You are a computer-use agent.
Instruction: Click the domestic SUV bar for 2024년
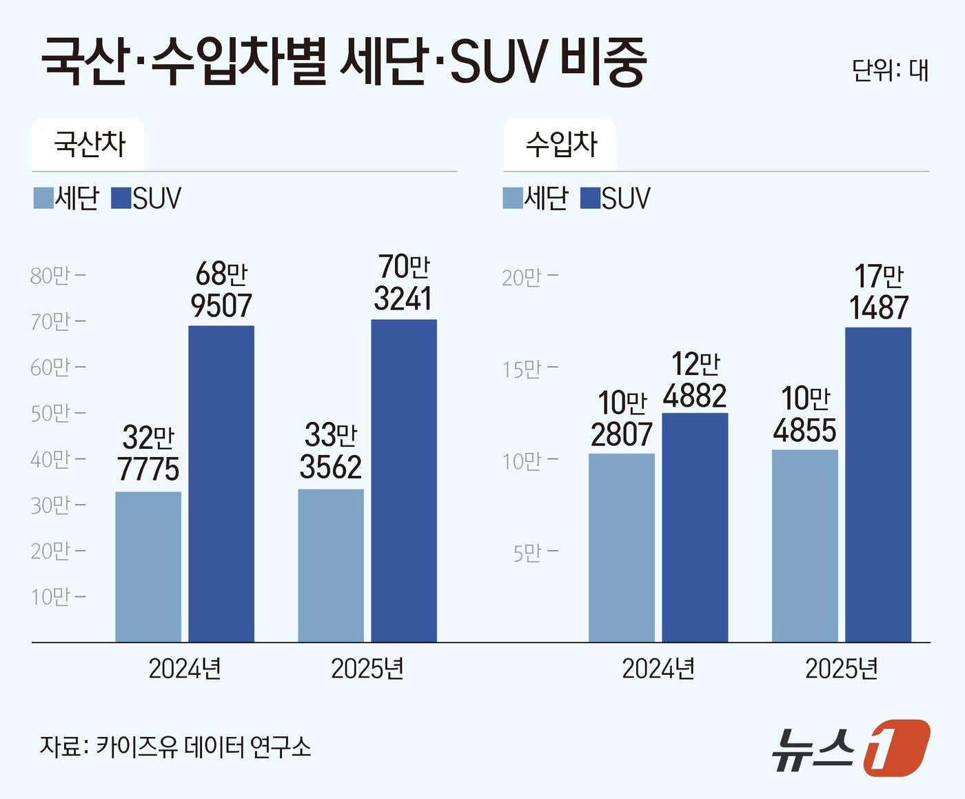pyautogui.click(x=221, y=483)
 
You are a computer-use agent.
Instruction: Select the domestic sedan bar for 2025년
pyautogui.click(x=331, y=565)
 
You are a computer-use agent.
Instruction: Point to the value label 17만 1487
pyautogui.click(x=879, y=292)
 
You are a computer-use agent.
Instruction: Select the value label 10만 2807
pyautogui.click(x=622, y=418)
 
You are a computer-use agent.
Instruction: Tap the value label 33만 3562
pyautogui.click(x=331, y=452)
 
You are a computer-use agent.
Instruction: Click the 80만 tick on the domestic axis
pyautogui.click(x=57, y=276)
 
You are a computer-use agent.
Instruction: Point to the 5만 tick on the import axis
pyautogui.click(x=535, y=552)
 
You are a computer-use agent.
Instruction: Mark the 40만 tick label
pyautogui.click(x=50, y=459)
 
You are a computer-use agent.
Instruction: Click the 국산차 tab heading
pyautogui.click(x=89, y=145)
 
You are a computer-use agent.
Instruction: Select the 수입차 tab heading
pyautogui.click(x=561, y=145)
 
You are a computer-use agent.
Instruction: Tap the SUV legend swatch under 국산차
pyautogui.click(x=121, y=198)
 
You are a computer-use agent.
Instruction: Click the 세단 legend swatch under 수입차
pyautogui.click(x=513, y=198)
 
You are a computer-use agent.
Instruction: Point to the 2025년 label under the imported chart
pyautogui.click(x=842, y=669)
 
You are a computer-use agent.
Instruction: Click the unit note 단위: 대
pyautogui.click(x=890, y=70)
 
